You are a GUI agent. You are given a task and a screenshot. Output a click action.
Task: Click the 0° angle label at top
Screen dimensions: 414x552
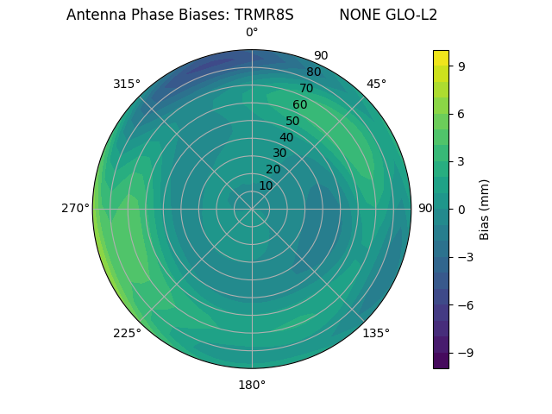252,33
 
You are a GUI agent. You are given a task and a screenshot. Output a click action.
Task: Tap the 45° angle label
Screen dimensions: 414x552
376,84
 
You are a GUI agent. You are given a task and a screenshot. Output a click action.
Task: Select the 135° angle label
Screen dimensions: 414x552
376,333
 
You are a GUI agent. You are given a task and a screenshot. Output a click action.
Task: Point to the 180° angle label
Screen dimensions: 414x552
252,385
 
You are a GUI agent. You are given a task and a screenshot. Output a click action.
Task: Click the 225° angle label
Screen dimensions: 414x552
127,333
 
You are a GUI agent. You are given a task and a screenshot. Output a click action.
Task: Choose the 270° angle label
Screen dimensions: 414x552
75,209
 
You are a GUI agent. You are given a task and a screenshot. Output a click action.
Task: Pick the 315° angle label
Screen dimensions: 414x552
127,84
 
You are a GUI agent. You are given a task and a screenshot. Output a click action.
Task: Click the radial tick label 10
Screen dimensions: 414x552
266,185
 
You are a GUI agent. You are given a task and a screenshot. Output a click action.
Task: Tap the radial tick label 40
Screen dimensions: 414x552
286,137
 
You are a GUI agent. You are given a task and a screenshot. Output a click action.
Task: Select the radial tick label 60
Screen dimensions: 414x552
299,105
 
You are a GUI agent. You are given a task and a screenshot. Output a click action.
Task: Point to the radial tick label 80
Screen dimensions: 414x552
313,72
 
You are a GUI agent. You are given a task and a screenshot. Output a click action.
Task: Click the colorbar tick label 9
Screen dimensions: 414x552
461,66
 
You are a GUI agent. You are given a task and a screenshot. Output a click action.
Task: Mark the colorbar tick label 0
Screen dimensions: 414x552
461,209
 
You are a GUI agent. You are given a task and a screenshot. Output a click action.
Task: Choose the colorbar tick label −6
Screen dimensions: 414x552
465,304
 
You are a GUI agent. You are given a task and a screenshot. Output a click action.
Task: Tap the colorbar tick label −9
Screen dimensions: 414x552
465,353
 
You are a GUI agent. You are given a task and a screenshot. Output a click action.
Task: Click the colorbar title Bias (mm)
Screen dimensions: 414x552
485,209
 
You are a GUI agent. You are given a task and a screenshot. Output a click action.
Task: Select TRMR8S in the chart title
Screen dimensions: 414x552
264,15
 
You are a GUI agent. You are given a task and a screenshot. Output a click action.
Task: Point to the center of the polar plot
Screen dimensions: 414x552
252,209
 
